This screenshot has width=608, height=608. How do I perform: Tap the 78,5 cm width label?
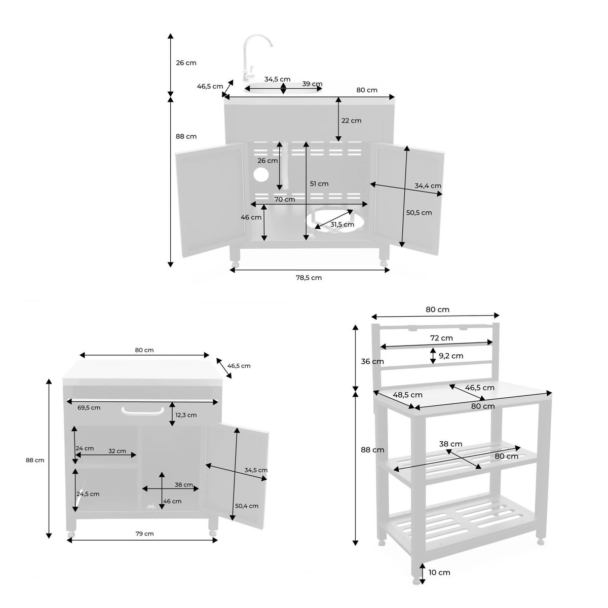coord(309,278)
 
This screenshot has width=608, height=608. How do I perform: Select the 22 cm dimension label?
coord(351,121)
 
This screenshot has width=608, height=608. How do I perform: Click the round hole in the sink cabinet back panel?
coord(261,175)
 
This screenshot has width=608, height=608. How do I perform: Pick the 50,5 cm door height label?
coord(419,213)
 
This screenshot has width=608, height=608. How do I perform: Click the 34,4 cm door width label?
coord(428,186)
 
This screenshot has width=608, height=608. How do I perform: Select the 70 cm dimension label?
coord(285,199)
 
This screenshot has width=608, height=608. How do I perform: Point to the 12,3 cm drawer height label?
coord(186,415)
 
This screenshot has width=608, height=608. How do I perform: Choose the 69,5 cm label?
coord(89,407)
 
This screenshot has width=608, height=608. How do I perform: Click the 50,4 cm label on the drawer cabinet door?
coord(247,506)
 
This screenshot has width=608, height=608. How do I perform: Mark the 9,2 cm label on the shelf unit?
coord(451,356)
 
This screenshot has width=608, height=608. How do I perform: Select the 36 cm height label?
coord(372,361)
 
